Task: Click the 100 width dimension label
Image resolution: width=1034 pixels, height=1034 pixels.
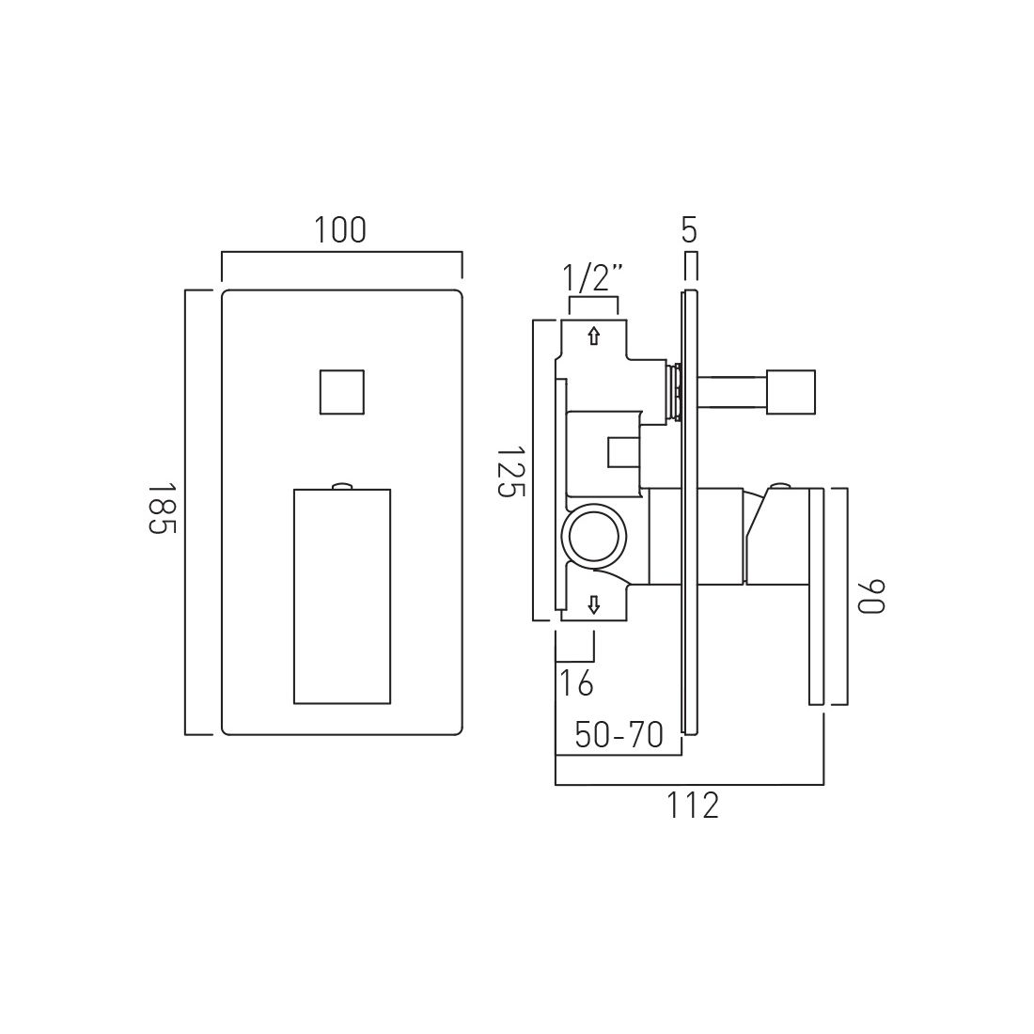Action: pos(339,230)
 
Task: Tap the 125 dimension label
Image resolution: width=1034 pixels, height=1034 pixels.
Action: pos(509,473)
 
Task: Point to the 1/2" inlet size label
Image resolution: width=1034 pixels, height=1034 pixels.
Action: pos(593,279)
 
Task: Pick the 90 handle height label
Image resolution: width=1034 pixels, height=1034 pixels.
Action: pos(870,596)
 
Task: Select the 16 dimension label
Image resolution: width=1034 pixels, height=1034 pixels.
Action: pos(576,682)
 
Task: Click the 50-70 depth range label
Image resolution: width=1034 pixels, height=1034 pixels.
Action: pos(619,735)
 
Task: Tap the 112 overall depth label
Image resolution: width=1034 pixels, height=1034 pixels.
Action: pos(692,806)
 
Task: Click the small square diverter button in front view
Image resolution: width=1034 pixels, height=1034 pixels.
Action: pos(341,392)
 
